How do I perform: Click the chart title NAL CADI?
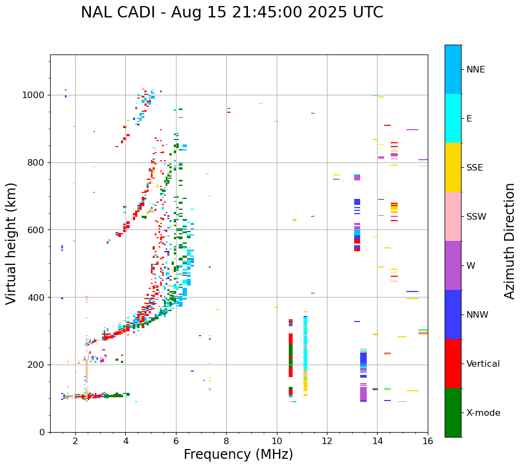coord(232,13)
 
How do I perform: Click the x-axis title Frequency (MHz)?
coord(238,454)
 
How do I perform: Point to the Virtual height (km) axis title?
coord(11,243)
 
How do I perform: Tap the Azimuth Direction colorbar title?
coord(509,241)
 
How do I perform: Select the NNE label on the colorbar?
coord(475,70)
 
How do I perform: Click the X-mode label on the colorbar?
coord(483,413)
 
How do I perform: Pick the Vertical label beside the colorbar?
coord(483,364)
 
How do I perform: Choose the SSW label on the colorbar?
coord(476,217)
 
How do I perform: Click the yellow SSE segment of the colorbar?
coord(453,167)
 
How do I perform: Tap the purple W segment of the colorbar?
coord(453,265)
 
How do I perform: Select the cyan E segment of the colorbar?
coord(453,118)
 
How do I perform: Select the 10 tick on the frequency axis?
coord(277,441)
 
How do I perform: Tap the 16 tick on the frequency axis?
coord(428,441)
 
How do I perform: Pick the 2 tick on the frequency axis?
coord(75,441)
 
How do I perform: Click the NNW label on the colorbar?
coord(477,315)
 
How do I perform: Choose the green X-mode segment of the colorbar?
coord(453,413)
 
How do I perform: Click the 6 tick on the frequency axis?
coord(176,441)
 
